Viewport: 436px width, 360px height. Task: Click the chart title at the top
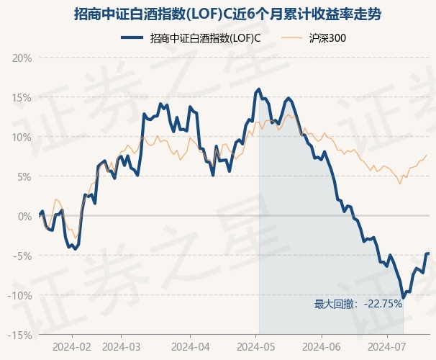pyautogui.click(x=227, y=14)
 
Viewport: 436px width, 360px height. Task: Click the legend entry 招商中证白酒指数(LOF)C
pyautogui.click(x=191, y=38)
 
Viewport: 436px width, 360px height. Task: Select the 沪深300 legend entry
pyautogui.click(x=314, y=38)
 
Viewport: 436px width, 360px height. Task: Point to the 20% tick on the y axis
pyautogui.click(x=22, y=58)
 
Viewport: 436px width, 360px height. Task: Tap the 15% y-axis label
pyautogui.click(x=22, y=98)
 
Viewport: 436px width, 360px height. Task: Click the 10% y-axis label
pyautogui.click(x=22, y=137)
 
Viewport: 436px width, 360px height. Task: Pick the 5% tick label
pyautogui.click(x=24, y=177)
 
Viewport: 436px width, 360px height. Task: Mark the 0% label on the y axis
pyautogui.click(x=24, y=217)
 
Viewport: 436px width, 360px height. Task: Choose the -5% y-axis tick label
pyautogui.click(x=22, y=256)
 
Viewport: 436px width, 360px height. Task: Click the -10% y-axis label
pyautogui.click(x=20, y=296)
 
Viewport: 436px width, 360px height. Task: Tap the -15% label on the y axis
pyautogui.click(x=20, y=336)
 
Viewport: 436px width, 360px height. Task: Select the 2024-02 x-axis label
pyautogui.click(x=72, y=347)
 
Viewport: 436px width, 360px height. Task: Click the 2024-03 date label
pyautogui.click(x=122, y=347)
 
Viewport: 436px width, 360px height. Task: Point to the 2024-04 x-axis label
pyautogui.click(x=191, y=347)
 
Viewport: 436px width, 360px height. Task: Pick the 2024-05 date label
pyautogui.click(x=256, y=347)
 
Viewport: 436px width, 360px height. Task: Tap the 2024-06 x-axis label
pyautogui.click(x=322, y=347)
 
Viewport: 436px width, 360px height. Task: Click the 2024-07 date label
pyautogui.click(x=387, y=347)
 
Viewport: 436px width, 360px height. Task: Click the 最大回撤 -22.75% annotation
pyautogui.click(x=358, y=304)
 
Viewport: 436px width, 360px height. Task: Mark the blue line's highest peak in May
pyautogui.click(x=259, y=89)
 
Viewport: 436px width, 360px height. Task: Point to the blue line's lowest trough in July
pyautogui.click(x=403, y=297)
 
